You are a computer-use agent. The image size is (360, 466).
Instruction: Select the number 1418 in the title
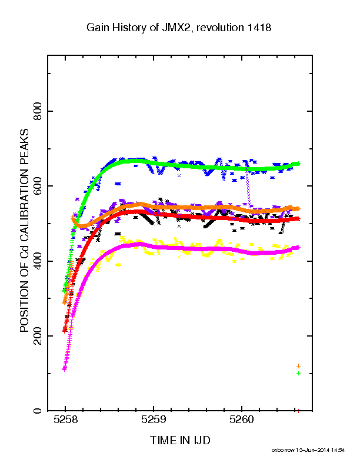coord(259,28)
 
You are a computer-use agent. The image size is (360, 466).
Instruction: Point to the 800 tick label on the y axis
coord(38,111)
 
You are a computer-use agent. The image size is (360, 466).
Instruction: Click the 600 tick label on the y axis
coord(38,186)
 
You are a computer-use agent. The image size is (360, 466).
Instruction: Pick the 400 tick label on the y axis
coord(38,261)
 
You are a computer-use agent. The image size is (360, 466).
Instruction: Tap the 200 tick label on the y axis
coord(38,336)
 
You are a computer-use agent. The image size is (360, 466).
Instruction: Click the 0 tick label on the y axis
coord(38,411)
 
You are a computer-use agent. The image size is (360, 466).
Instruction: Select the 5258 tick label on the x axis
coord(65,420)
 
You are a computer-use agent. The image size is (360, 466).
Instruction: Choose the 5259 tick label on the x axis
coord(154,420)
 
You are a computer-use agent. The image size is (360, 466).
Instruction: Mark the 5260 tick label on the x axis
coord(242,420)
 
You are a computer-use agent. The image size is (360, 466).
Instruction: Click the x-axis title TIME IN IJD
coord(180,440)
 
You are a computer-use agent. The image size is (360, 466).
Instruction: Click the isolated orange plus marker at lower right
coord(298,366)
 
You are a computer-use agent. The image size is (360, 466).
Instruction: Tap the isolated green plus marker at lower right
coord(298,373)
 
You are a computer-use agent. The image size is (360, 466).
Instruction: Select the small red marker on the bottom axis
coord(298,411)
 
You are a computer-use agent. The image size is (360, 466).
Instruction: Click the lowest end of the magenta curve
coord(65,370)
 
